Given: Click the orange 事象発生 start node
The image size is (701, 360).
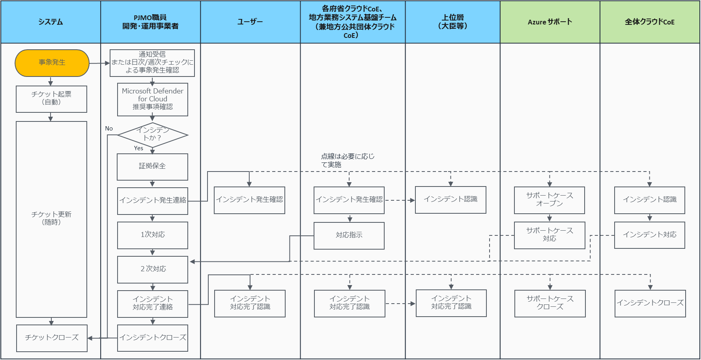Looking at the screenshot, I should tap(52, 63).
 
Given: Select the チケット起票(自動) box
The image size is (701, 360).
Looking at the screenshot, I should tap(51, 99).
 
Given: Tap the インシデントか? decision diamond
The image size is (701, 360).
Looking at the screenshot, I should tap(153, 135).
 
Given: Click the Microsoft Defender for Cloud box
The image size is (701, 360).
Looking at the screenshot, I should tap(153, 99).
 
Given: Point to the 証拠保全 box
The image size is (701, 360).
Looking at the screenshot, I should tap(152, 166).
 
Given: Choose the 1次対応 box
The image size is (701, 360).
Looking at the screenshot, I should tap(153, 235).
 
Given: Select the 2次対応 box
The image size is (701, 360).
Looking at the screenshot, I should tap(153, 269).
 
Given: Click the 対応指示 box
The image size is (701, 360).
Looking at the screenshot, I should tap(349, 235).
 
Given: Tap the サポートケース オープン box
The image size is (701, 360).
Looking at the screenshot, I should tap(550, 200).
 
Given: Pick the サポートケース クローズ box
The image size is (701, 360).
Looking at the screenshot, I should tap(550, 303).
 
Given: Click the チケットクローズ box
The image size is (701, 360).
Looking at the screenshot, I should tap(52, 338).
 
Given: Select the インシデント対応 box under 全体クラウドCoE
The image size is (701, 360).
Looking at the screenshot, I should tap(650, 235).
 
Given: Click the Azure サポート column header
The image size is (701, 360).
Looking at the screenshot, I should tap(550, 22).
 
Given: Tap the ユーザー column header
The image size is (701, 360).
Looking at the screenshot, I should tap(250, 22).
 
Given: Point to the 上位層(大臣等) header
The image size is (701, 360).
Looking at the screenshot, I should tap(452, 22).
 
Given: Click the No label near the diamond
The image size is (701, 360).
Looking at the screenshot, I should tap(109, 129).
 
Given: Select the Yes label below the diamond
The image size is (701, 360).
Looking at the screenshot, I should tap(138, 148).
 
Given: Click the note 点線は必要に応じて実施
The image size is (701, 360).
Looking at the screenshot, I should tap(347, 160).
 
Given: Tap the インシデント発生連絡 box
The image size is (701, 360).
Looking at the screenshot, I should tap(153, 201).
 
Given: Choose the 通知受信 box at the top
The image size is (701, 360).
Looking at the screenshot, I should tap(152, 63).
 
